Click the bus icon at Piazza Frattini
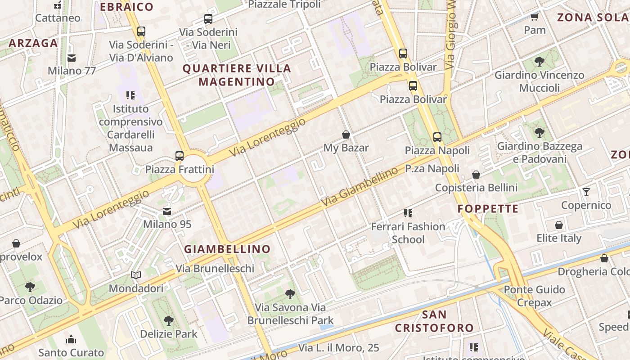point(180,156)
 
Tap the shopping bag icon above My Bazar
point(346,135)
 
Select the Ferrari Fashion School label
point(408,233)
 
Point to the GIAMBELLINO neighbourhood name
point(227,249)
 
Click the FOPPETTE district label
point(488,209)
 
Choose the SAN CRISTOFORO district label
point(434,321)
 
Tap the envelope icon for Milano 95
point(167,211)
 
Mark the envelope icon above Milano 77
point(72,58)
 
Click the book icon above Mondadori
point(136,275)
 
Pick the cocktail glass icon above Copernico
point(586,192)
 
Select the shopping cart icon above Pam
point(534,17)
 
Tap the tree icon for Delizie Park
point(168,321)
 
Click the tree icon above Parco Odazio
point(30,287)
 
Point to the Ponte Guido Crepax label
point(534,296)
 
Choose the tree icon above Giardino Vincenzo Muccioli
point(539,62)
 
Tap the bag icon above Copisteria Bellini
point(476,175)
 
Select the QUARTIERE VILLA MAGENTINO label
point(236,75)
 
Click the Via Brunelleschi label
point(215,269)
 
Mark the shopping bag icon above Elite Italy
point(558,225)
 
